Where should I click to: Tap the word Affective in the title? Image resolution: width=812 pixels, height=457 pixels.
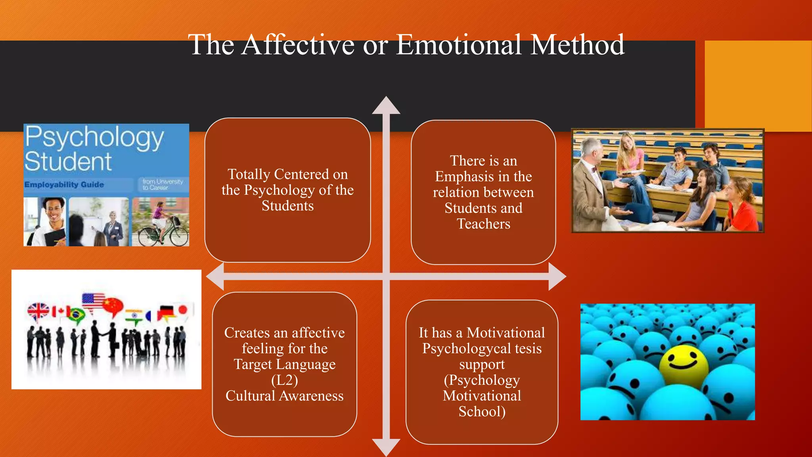[x=298, y=44]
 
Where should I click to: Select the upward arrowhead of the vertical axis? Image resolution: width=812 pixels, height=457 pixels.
[x=386, y=106]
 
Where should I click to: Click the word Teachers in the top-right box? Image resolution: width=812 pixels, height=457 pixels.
[x=483, y=224]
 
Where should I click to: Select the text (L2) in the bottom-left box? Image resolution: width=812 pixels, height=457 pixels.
[x=285, y=380]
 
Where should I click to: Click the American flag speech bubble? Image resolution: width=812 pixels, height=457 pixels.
[x=93, y=301]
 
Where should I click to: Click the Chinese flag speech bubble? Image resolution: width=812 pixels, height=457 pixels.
[x=113, y=305]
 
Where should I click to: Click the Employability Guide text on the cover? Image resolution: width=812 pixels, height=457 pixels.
[x=64, y=185]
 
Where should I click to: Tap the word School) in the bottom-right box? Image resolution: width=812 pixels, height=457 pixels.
[x=482, y=412]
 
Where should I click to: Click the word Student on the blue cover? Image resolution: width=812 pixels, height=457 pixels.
[x=68, y=162]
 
